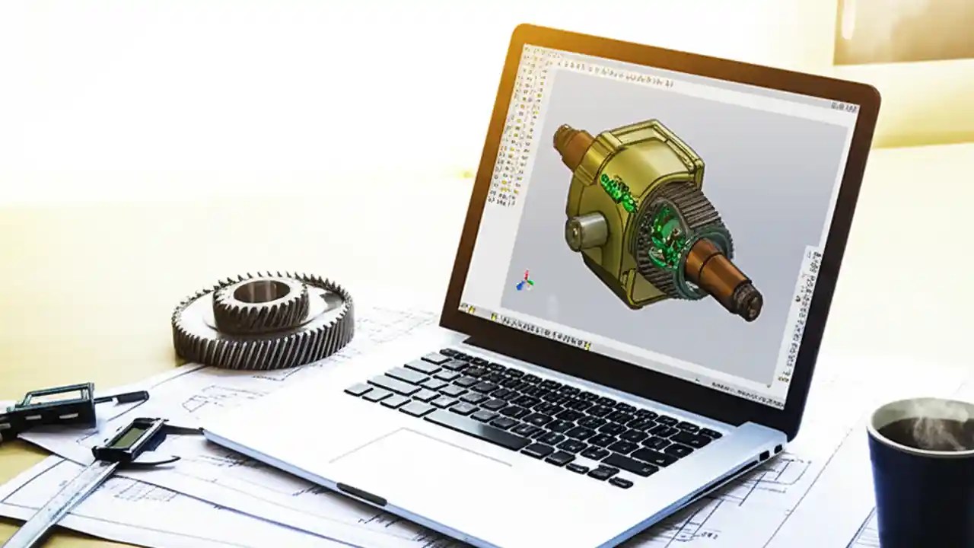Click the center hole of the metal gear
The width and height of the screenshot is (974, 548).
(x=261, y=291)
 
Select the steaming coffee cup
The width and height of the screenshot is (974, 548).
(x=921, y=472)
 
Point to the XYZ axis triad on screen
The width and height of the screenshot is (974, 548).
(x=525, y=281)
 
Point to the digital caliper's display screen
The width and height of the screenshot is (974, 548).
(x=129, y=435)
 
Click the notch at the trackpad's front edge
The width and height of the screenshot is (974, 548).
(x=361, y=493)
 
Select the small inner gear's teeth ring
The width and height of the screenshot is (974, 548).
(x=261, y=304)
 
